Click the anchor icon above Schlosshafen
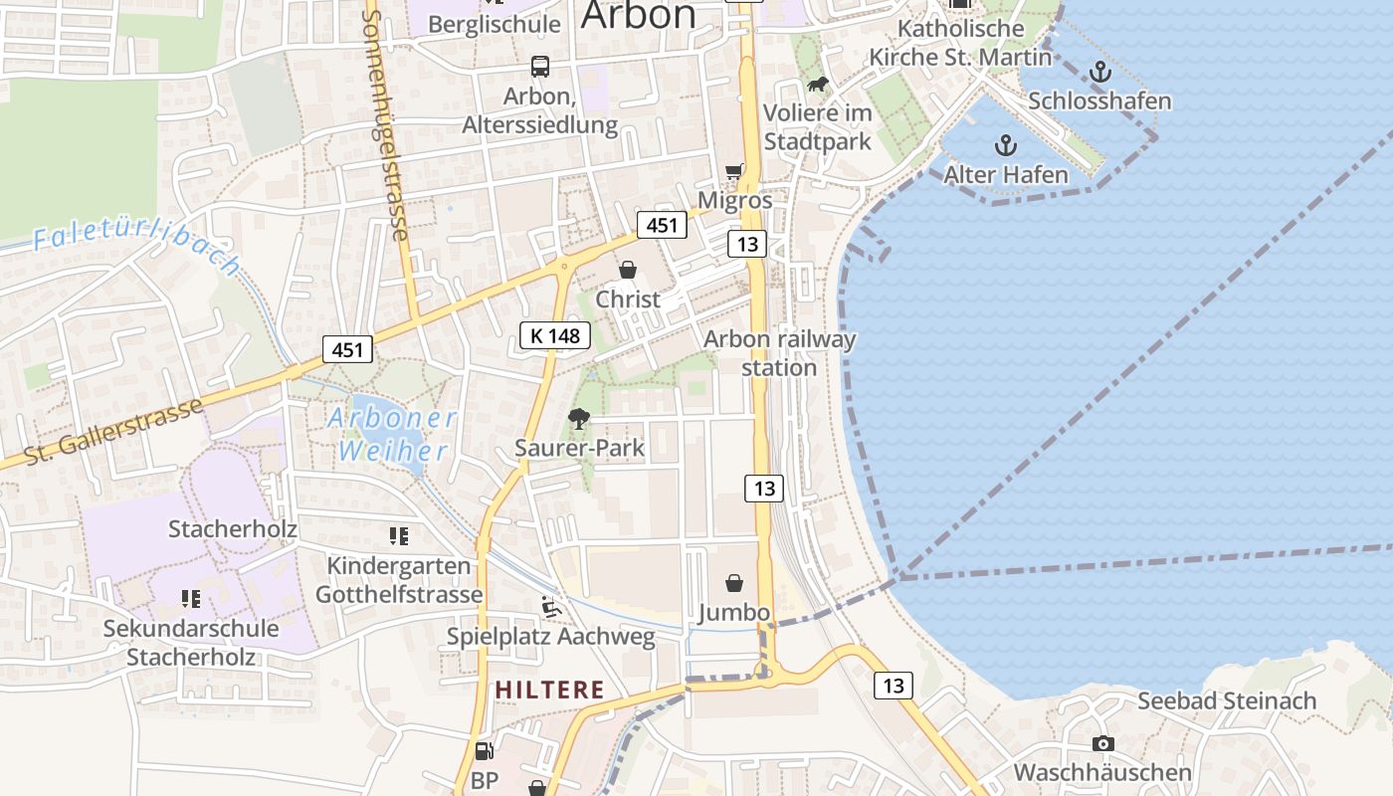point(1099,71)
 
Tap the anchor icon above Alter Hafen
point(1006,146)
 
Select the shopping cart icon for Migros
point(734,171)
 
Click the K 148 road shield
point(555,335)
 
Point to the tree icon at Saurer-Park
point(578,418)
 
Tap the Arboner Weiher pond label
point(392,434)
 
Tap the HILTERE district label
point(550,690)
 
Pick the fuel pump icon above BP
point(484,751)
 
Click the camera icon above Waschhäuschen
point(1102,743)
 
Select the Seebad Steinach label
point(1226,700)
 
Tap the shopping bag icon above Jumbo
point(734,582)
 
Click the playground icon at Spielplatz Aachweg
point(549,606)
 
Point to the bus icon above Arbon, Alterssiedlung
point(539,67)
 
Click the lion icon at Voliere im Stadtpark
point(818,85)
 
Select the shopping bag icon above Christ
point(628,270)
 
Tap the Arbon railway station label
point(779,353)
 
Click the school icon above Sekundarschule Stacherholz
point(190,599)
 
